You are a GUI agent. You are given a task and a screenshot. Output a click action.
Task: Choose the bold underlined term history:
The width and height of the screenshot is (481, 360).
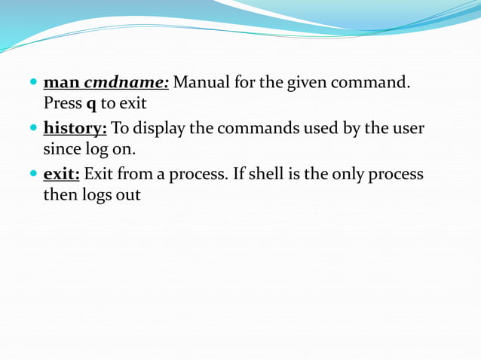pos(75,128)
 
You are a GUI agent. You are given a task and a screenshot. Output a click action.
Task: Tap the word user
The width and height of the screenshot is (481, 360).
pos(408,128)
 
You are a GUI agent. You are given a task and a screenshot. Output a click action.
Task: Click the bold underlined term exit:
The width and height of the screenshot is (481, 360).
pos(62,175)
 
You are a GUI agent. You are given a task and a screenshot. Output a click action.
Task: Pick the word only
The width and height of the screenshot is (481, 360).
pos(367,175)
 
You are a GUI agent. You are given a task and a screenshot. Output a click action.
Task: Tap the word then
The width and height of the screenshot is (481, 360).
pos(59,195)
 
